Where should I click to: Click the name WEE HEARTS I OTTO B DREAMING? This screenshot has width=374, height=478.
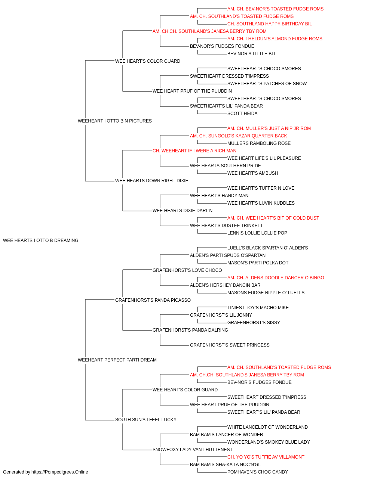coord(40,240)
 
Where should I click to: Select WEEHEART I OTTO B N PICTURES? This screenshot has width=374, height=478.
coord(115,121)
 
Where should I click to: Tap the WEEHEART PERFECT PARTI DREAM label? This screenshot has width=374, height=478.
coord(117,360)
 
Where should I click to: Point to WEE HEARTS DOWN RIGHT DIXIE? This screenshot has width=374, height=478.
coord(152,181)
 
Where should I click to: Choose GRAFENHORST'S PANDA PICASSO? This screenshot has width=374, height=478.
coord(153,300)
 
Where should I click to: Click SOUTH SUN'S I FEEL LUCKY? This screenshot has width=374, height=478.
coord(146,419)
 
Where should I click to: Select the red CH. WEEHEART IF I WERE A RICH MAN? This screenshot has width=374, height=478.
coord(194,150)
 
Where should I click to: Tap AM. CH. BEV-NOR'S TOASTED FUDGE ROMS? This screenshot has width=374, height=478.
coord(275,9)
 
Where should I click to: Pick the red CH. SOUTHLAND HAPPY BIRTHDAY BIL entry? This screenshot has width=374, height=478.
coord(270,24)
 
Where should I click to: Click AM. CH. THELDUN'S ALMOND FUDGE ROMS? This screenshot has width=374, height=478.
coord(275,39)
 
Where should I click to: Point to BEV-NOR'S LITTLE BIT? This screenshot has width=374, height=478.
coord(252,54)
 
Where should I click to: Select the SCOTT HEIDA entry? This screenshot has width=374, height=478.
coord(242,114)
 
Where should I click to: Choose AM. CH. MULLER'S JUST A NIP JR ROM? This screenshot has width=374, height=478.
coord(269,128)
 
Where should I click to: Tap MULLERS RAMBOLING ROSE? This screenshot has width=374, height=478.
coord(259,143)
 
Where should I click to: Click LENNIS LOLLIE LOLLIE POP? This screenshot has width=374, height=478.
coord(257,233)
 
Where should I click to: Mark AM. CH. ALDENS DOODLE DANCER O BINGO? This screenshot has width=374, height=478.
coord(276,277)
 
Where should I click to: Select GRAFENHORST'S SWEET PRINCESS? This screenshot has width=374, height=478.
coord(230,345)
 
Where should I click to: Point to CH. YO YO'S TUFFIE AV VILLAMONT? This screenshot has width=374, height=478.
coord(266,457)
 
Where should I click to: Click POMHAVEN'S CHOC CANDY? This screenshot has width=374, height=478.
coord(258,472)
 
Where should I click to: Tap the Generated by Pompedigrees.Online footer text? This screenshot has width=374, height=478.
coord(45,472)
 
